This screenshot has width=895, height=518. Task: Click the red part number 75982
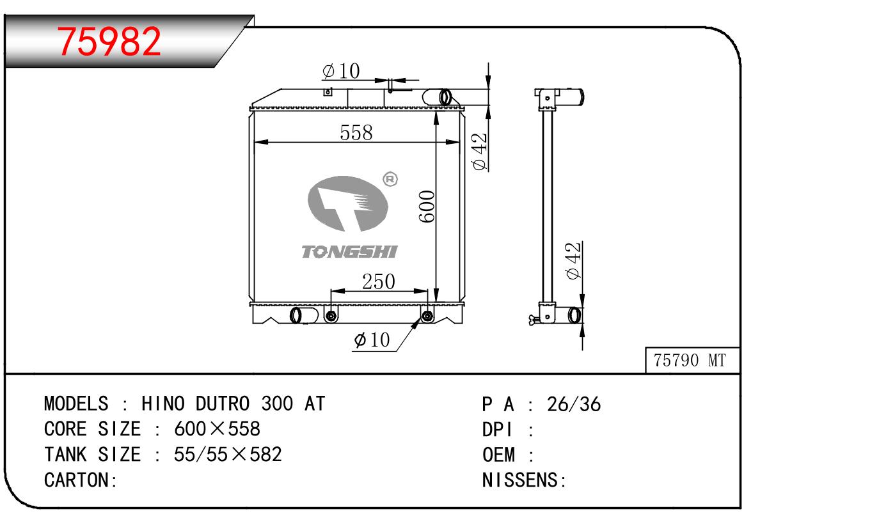coord(109,41)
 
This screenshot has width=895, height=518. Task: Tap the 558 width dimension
coord(356,132)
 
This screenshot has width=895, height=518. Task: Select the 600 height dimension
coord(427,206)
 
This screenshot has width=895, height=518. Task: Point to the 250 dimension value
coord(378,281)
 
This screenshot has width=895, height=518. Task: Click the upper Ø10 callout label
coord(341,71)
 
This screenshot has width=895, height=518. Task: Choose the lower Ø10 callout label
coord(372,340)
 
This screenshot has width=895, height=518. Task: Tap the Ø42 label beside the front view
coord(479,152)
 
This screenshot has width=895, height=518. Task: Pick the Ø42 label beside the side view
coord(573,260)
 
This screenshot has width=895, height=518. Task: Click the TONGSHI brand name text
coord(349,251)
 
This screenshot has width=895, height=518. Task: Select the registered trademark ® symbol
coord(390,179)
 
